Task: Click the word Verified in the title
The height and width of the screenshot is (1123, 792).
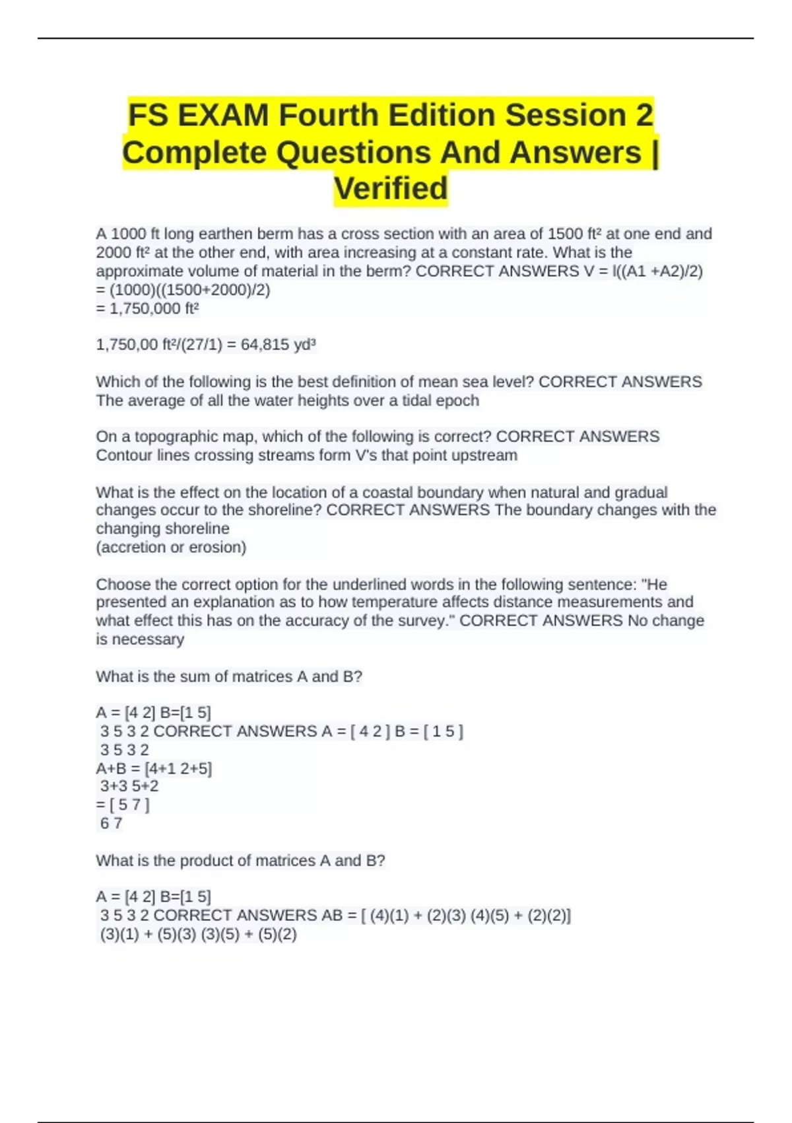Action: click(391, 188)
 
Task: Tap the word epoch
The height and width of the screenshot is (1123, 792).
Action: click(457, 400)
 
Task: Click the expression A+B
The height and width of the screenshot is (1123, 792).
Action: click(110, 768)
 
